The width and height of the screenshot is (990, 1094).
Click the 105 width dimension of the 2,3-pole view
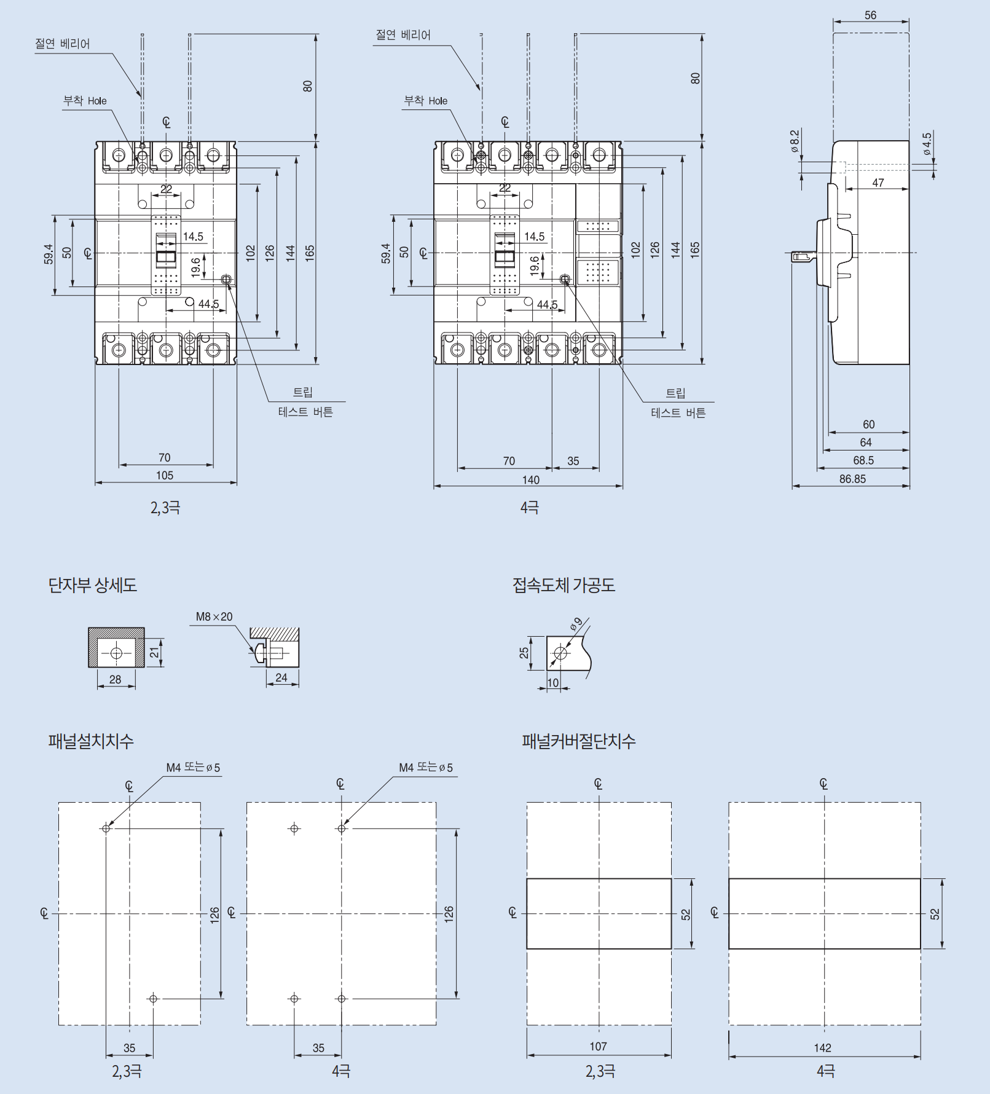[165, 475]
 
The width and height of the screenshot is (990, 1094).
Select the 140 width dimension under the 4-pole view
[530, 479]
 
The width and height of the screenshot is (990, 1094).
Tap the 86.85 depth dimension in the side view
[852, 479]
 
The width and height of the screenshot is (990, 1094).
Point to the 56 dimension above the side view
[870, 15]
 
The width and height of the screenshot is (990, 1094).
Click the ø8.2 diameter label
[795, 141]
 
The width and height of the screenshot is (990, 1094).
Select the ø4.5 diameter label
[927, 143]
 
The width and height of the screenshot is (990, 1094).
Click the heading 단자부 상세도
[93, 584]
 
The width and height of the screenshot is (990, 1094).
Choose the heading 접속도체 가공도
[564, 584]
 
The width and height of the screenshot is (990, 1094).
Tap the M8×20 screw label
[214, 616]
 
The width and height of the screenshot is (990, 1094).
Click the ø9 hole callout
[576, 624]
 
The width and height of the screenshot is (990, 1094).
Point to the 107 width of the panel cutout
[598, 1046]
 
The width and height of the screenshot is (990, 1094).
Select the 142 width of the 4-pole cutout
[822, 1047]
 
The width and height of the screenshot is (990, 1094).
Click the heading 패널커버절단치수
[578, 741]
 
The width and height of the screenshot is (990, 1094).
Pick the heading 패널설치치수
[91, 741]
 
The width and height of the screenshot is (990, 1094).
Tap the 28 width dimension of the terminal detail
[116, 679]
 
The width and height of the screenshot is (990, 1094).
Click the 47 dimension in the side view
[878, 183]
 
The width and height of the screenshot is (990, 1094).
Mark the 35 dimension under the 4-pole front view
[573, 461]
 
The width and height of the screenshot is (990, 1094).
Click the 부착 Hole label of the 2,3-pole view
[85, 101]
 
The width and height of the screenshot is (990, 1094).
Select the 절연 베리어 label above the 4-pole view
[403, 35]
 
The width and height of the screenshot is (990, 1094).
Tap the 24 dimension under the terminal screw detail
[281, 677]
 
